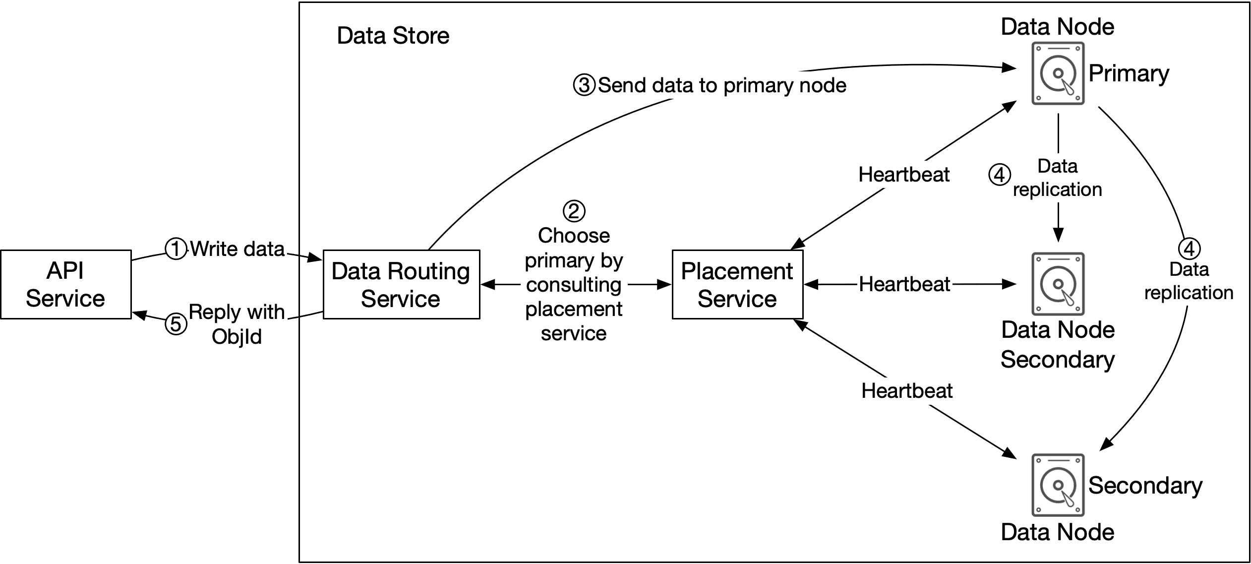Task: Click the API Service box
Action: point(65,284)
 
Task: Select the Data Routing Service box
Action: point(401,284)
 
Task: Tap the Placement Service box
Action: point(737,284)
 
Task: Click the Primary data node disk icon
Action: point(1058,73)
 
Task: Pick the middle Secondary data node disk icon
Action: point(1058,284)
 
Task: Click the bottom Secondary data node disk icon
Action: point(1058,485)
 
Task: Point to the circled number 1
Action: point(176,249)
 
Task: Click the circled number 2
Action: point(574,211)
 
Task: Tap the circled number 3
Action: point(584,85)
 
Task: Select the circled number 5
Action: point(176,324)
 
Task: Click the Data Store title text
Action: point(393,36)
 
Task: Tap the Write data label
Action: point(238,249)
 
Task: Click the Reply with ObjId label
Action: point(237,324)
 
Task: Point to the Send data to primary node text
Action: point(721,85)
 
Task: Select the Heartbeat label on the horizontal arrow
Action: point(904,284)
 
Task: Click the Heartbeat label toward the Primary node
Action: point(903,175)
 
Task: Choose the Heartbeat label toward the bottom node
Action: point(906,391)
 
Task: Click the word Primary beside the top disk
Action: point(1129,73)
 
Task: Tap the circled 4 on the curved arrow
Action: point(1189,249)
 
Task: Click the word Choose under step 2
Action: point(574,236)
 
